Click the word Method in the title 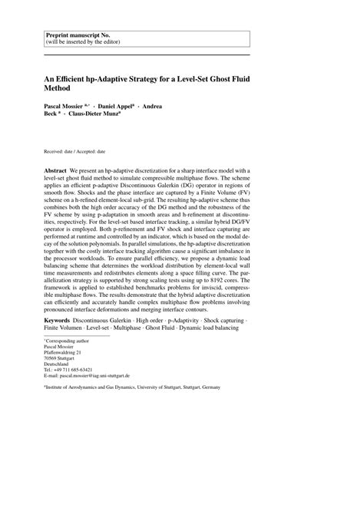[x=62, y=89]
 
